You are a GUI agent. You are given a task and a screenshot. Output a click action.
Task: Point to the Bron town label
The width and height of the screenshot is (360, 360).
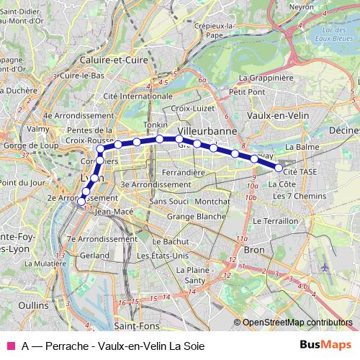point(255,249)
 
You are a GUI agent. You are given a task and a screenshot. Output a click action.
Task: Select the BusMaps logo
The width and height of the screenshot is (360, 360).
point(325,345)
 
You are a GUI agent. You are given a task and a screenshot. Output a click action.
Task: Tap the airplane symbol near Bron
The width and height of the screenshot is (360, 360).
point(325,266)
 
